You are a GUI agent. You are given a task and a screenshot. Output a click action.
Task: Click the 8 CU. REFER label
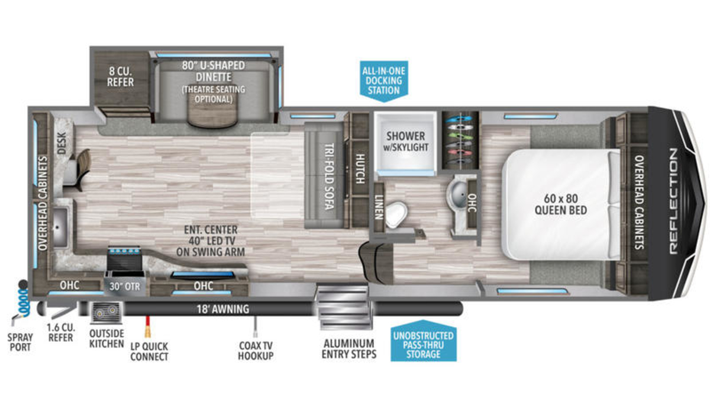(120, 76)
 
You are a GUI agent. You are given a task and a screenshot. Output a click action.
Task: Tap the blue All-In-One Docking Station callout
(384, 81)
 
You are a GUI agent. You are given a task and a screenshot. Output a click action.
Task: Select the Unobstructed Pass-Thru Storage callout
(424, 341)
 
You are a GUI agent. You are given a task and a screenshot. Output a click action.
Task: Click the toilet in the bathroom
(396, 214)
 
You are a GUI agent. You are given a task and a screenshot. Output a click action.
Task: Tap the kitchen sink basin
(60, 227)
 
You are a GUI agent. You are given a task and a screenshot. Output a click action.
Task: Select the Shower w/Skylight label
(406, 142)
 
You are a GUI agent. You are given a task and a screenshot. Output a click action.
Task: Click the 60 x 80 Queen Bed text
(561, 204)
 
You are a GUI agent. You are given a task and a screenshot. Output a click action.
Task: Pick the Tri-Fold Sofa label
(330, 177)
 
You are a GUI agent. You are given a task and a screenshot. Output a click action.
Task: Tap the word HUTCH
(360, 168)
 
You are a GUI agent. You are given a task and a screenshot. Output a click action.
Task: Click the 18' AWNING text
(223, 309)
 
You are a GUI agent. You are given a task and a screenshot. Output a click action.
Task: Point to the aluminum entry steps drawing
(344, 307)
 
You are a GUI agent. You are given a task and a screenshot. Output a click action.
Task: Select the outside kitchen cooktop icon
(106, 313)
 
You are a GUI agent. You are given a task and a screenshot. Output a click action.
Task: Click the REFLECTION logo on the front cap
(674, 201)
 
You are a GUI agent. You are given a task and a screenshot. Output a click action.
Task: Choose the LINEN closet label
(379, 207)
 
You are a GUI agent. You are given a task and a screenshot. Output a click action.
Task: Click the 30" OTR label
(125, 287)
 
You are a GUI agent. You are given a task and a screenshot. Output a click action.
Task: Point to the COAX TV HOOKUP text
(256, 351)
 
